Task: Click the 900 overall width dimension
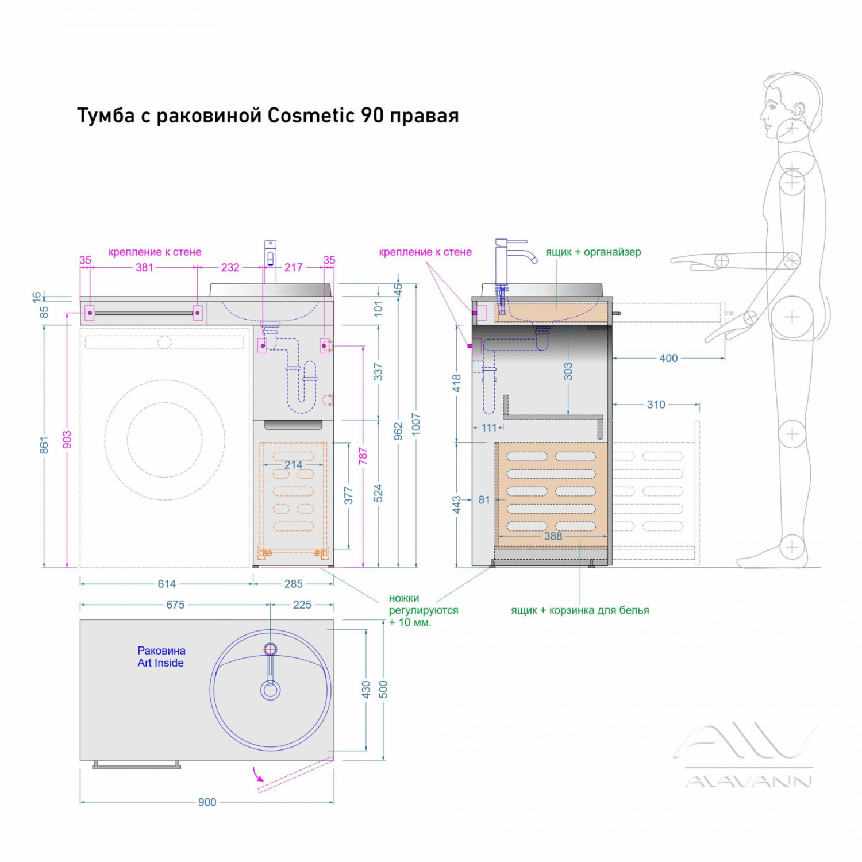pos(207,802)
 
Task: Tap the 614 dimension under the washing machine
pos(167,584)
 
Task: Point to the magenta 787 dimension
pos(363,456)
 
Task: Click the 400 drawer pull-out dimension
pos(668,359)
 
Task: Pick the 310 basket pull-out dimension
pos(656,405)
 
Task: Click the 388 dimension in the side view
pos(553,536)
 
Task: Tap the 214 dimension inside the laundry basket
pos(293,465)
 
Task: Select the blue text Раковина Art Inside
pos(161,657)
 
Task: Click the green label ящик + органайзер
pos(593,252)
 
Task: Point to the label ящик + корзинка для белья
pos(580,610)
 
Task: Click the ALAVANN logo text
pos(748,781)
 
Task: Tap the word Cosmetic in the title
pos(311,116)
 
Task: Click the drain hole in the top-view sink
pos(270,690)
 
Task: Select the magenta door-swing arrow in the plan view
pos(256,776)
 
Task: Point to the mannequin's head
pos(790,106)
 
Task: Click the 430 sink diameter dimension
pos(366,690)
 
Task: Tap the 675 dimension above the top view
pos(175,605)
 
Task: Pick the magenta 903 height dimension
pos(67,440)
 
